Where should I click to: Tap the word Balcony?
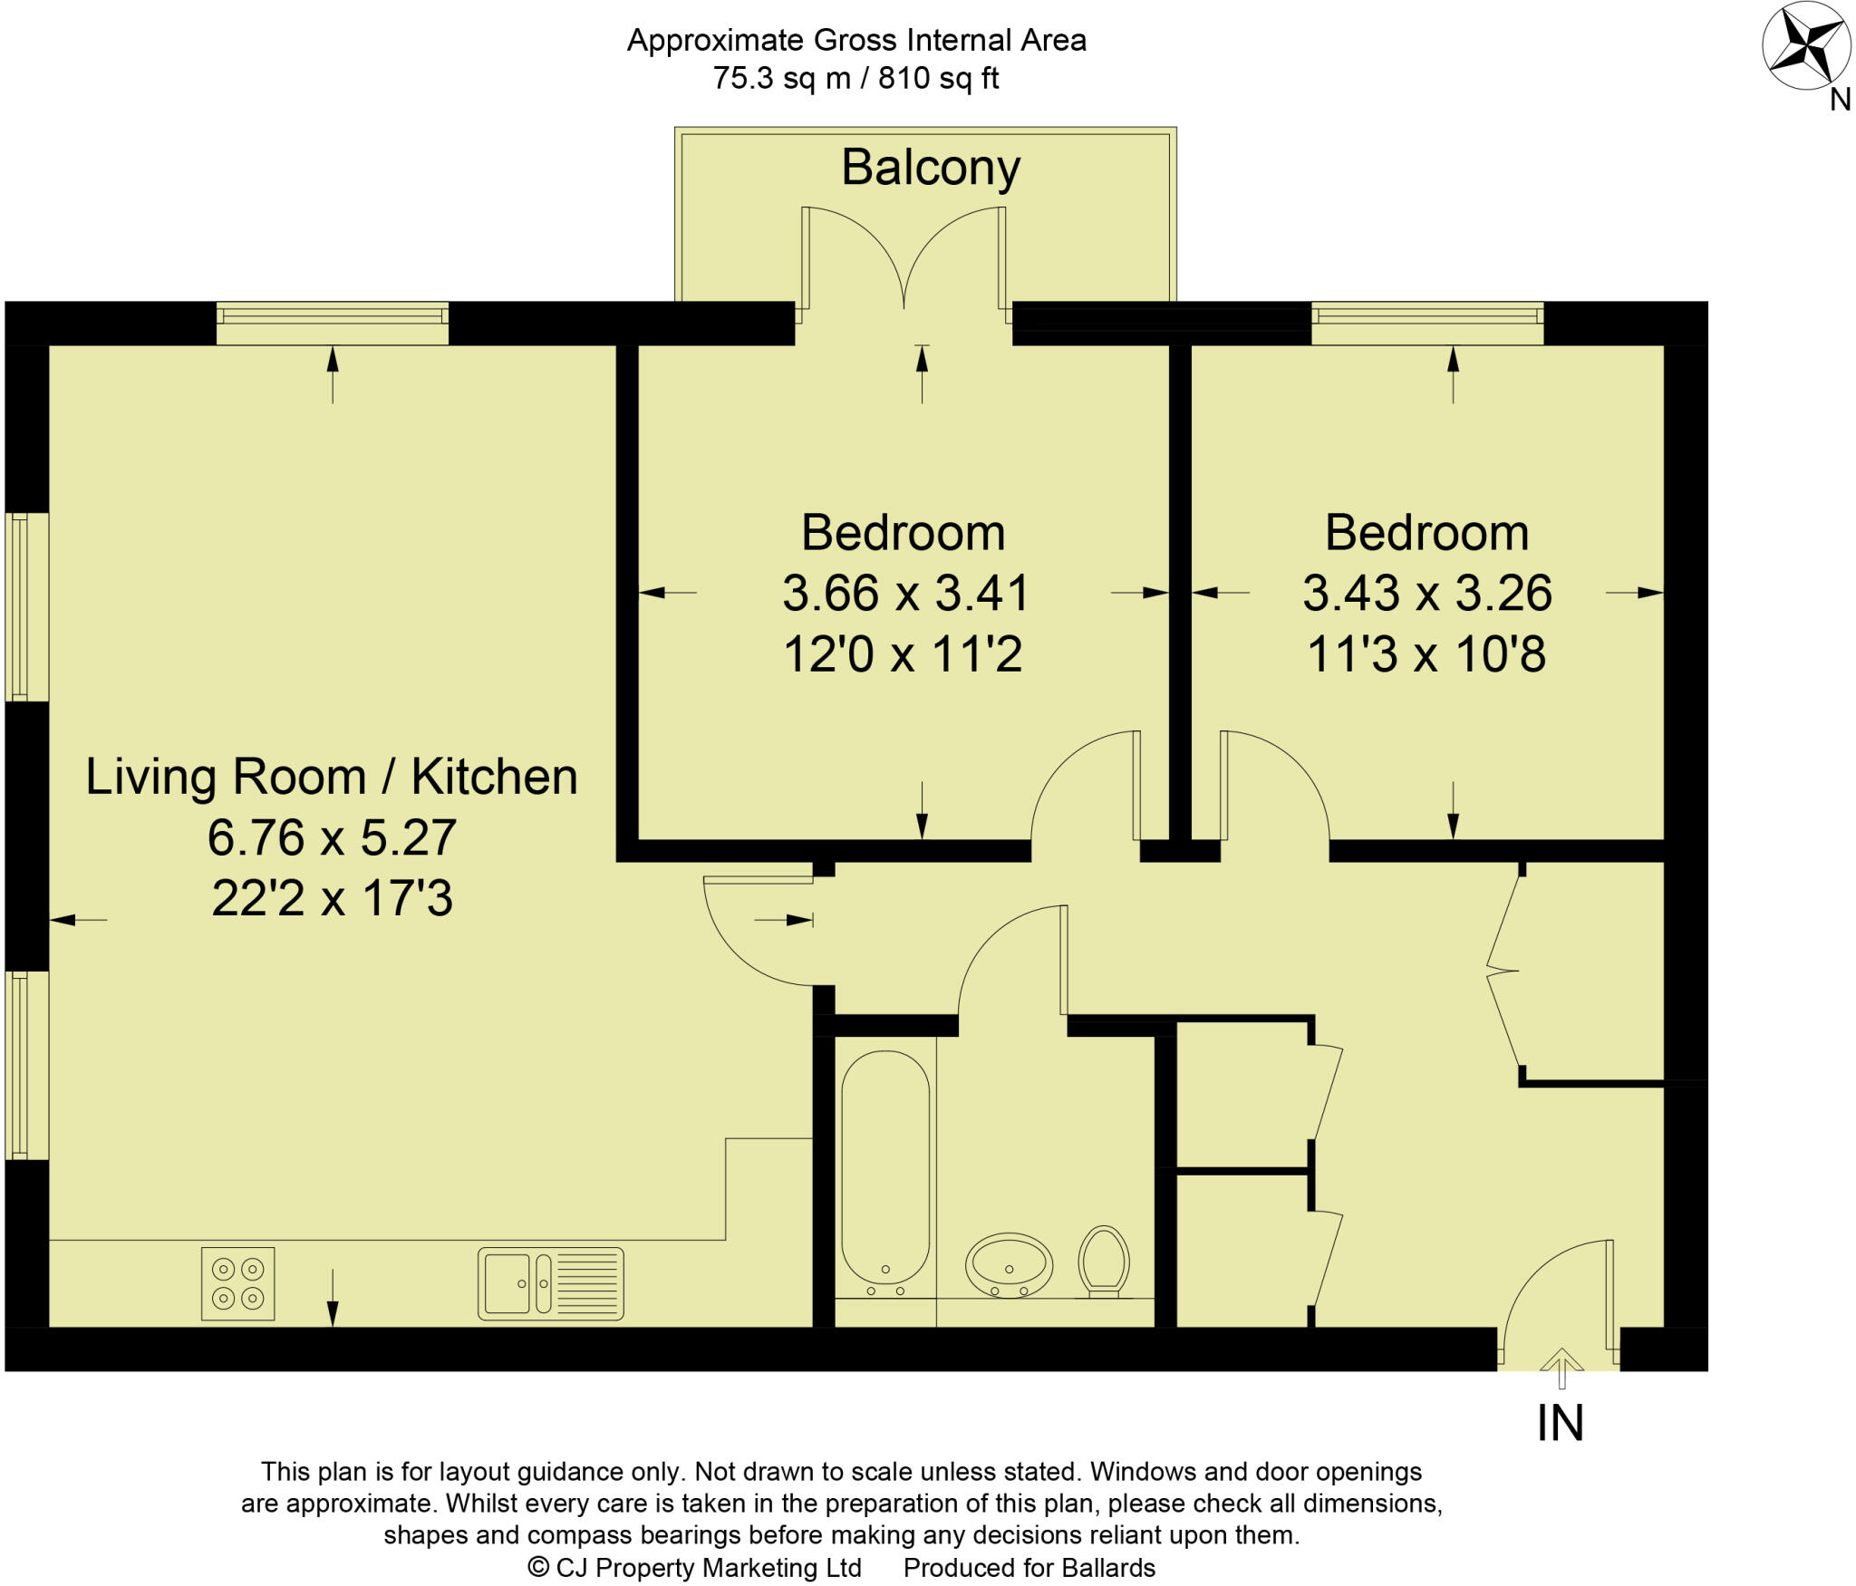pos(931,169)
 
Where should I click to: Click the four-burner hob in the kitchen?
pos(237,1283)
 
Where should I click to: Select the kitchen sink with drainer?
pos(551,1283)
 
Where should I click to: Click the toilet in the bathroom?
pos(1104,1262)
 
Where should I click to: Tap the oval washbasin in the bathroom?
pos(1009,1265)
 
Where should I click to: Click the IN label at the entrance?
pos(1561,1423)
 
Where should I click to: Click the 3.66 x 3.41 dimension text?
pos(906,594)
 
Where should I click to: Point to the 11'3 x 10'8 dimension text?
pos(1426,654)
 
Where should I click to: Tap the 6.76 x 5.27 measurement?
pos(332,837)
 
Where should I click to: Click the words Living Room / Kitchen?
pos(332,778)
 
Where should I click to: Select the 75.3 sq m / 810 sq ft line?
pos(855,79)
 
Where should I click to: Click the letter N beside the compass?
pos(1840,100)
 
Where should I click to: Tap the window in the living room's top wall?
pos(332,324)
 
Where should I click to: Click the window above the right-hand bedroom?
pos(1427,324)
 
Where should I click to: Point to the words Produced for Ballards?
pos(1029,1568)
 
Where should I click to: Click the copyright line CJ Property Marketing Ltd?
pos(695,1568)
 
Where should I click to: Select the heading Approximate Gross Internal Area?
pos(856,40)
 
